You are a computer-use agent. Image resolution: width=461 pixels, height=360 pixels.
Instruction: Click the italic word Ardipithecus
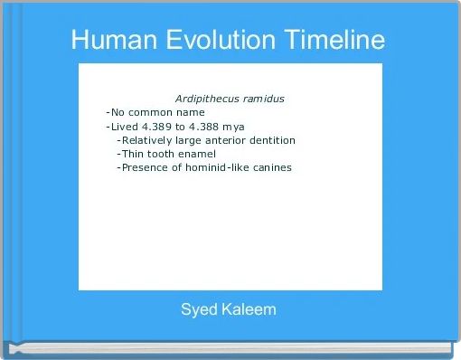(206, 98)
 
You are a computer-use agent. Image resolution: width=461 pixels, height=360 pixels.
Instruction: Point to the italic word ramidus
(263, 98)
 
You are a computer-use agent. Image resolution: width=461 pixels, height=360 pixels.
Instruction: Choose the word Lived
(124, 126)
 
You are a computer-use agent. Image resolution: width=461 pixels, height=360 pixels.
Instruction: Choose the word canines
(274, 167)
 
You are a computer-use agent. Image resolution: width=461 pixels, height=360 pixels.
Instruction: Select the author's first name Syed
(198, 310)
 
